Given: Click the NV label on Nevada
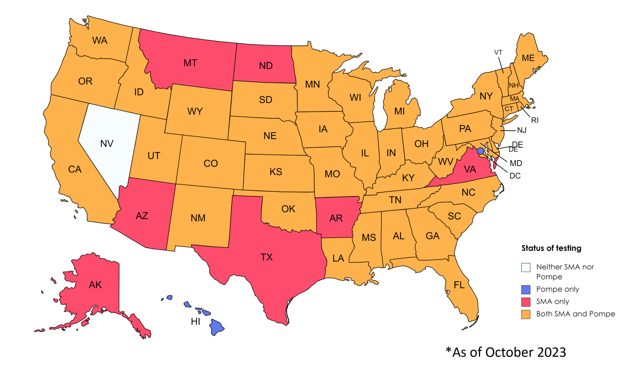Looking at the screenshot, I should coord(107,143).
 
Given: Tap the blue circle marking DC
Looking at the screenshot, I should coord(480,151).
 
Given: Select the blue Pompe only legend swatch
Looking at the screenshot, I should coord(526,289).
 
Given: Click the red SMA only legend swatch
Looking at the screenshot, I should coord(526,302).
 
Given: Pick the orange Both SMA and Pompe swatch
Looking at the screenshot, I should coord(526,314).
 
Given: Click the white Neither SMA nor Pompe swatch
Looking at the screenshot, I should coord(526,267).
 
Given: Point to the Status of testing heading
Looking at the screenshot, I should coord(551,248).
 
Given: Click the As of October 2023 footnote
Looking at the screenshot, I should coord(506,352).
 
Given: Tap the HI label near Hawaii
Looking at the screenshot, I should coord(195,322).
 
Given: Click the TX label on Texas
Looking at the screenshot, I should coord(267,257).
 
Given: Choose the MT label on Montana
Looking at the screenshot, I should coord(190,63).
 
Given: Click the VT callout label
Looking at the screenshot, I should coord(498,53).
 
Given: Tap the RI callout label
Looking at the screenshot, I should coord(535,120).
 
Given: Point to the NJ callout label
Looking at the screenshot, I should coord(521,131).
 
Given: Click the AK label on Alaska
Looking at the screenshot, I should coord(95,285).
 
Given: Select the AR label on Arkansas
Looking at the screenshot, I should coord(336,218).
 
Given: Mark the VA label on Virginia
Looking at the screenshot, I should coord(470,169).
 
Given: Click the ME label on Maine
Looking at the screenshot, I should coord(528,58).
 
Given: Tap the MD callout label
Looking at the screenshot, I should coord(516,163).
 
